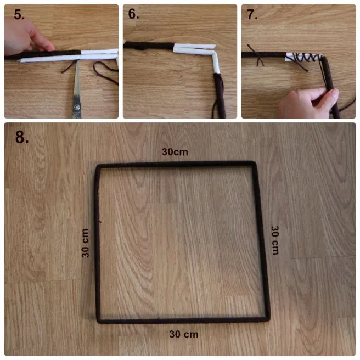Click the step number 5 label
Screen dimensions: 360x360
coord(19,14)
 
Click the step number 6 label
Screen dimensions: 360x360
coord(133,14)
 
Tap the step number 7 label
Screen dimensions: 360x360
coord(252,14)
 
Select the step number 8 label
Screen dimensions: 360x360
coord(22,137)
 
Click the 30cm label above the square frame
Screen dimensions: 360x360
coord(175,152)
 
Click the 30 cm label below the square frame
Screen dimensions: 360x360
coord(184,334)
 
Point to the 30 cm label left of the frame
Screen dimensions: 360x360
coord(85,243)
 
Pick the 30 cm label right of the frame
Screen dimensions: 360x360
coord(275,240)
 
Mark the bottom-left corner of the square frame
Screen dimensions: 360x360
coord(99,320)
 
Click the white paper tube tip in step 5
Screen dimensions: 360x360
coord(19,61)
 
